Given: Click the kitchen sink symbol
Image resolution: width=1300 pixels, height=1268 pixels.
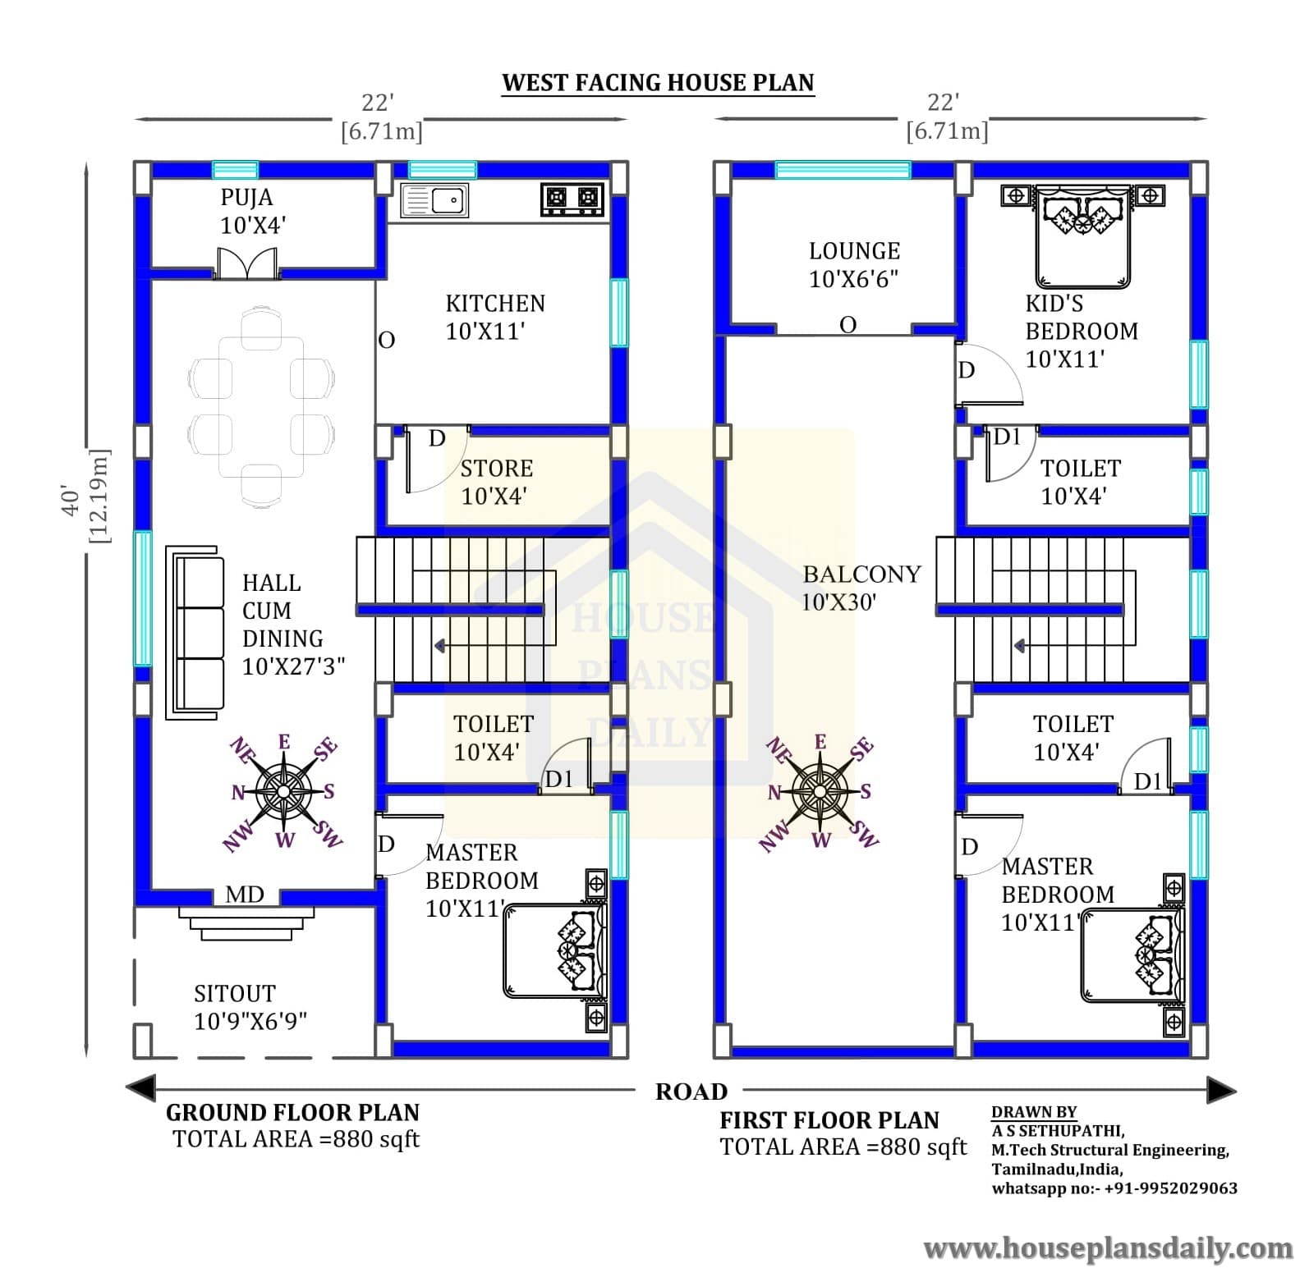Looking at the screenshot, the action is [434, 200].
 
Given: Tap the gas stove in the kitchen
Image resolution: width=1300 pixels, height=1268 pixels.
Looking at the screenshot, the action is [572, 199].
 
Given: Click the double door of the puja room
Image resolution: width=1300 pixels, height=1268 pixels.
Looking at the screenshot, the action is [248, 263].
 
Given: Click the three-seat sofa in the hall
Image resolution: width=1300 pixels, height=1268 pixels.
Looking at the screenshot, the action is [195, 633].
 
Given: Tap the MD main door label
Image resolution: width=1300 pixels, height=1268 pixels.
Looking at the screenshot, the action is [245, 895].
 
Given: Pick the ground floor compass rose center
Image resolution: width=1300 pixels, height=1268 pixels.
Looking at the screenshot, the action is [283, 791].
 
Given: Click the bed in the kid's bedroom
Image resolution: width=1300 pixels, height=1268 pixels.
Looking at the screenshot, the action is [1083, 236].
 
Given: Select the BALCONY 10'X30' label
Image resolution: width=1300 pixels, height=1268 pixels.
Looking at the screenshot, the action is [861, 588].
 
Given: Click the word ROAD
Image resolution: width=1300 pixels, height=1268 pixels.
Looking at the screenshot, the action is [691, 1092].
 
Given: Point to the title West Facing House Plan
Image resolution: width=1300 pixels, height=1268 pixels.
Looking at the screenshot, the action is [658, 83].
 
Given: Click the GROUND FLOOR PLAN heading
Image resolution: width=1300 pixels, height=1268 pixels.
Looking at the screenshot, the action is [292, 1112].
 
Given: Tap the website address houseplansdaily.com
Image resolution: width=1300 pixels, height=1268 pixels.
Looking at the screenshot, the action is [1108, 1250].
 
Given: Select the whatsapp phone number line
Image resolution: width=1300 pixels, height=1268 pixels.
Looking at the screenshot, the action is [1114, 1188].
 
